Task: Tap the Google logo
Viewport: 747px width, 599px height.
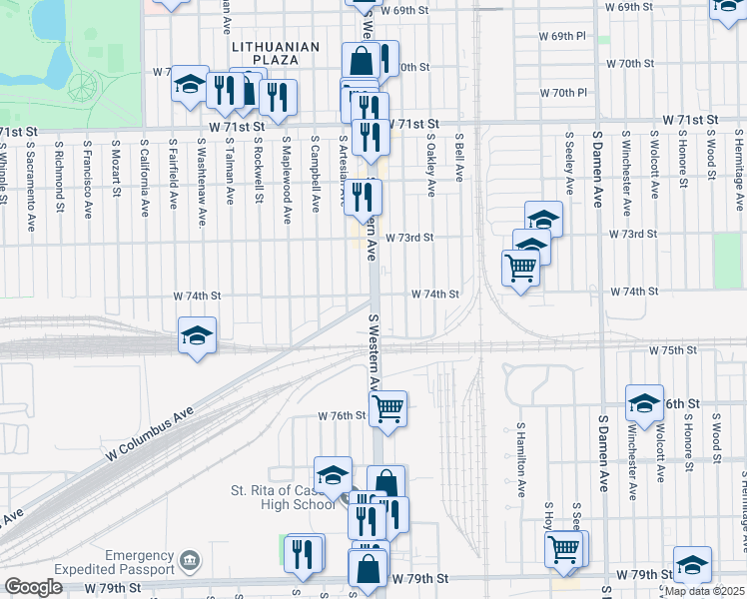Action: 33,587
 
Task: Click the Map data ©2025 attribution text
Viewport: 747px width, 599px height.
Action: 703,591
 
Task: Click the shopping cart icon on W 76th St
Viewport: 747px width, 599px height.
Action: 387,406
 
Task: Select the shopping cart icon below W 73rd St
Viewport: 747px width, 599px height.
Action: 521,267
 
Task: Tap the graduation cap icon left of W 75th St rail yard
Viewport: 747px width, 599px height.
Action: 198,334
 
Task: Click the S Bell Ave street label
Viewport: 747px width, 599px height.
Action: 459,159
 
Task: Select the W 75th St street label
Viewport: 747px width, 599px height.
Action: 671,351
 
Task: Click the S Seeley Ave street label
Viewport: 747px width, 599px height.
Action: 568,164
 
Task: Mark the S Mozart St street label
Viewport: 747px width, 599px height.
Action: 117,166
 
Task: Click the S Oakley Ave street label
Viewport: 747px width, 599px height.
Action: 431,166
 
